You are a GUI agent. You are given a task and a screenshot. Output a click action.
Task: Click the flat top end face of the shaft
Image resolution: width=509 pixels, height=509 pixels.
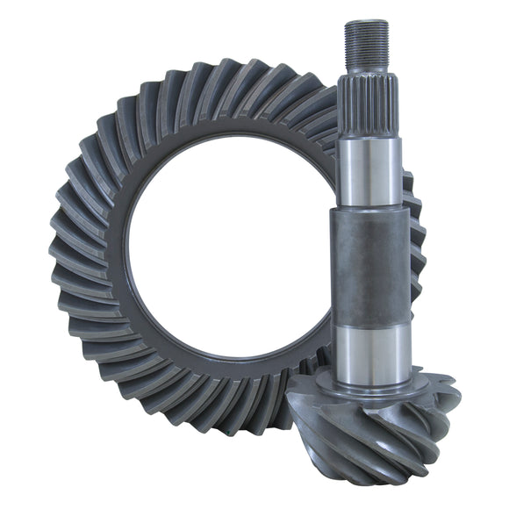click(366, 22)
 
